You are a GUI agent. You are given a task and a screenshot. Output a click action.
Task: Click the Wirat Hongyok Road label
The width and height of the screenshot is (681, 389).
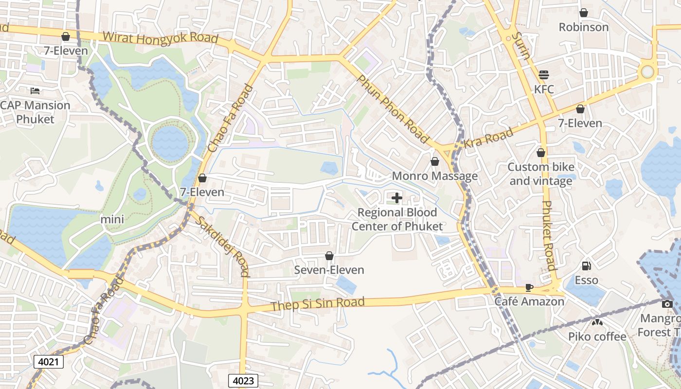(161, 38)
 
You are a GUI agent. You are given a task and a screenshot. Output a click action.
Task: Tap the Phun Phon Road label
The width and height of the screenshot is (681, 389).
(393, 110)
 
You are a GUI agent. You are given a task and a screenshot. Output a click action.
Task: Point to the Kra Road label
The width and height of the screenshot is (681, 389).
(488, 138)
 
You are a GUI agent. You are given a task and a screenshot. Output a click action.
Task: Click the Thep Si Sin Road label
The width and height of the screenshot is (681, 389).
(317, 304)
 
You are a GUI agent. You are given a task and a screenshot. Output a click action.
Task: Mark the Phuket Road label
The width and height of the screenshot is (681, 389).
(548, 235)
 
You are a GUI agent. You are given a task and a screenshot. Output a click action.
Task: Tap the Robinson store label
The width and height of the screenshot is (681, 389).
(583, 27)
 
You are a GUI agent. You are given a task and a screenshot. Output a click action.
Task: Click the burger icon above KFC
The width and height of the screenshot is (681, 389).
(544, 75)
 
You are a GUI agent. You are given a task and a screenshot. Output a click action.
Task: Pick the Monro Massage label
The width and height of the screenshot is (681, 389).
(434, 176)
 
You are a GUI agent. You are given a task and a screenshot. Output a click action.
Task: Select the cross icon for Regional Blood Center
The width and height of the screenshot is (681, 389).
(397, 197)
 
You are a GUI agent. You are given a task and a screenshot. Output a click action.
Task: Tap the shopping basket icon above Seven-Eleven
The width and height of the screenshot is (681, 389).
(329, 256)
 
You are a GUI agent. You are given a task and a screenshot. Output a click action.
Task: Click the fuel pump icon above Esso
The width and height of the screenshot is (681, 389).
(587, 266)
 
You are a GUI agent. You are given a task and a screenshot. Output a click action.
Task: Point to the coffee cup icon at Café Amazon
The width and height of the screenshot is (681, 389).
(529, 287)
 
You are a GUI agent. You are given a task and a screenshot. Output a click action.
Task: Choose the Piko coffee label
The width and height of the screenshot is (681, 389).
(597, 336)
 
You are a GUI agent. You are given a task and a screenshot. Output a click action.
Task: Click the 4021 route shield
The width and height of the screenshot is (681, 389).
(49, 361)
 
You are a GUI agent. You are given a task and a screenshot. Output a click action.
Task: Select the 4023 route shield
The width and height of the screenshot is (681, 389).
(243, 380)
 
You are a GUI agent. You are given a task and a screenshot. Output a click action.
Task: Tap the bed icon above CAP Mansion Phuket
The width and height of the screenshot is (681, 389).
(35, 90)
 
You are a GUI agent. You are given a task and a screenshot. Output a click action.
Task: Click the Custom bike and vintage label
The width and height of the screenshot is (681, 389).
(541, 174)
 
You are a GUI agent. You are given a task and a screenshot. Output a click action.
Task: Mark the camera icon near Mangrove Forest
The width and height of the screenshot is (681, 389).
(667, 304)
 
